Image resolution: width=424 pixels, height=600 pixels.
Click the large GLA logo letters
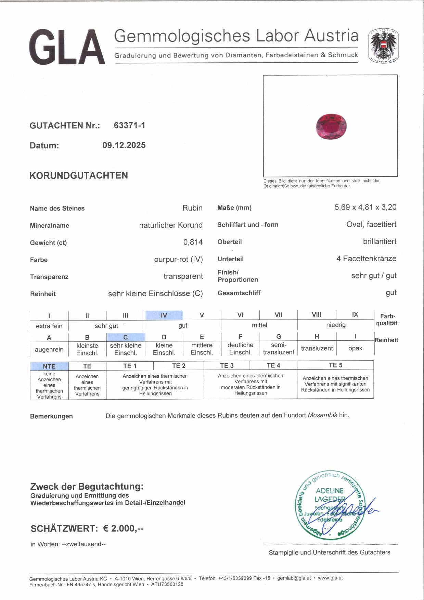pos(67,47)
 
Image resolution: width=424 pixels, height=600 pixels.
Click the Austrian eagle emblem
pos(383,46)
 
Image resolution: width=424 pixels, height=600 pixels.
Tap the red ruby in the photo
pos(331,127)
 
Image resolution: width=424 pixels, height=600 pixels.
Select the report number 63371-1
pos(129,125)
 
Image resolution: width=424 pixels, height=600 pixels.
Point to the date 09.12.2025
pos(124,145)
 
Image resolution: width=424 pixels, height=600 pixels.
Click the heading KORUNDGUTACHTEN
pos(79,176)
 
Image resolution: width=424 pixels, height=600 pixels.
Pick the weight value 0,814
pos(193,242)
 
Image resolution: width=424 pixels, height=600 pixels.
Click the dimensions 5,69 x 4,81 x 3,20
pos(365,207)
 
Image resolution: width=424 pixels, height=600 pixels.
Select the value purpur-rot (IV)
pos(178,259)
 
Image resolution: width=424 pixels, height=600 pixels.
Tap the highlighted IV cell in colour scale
pos(164,315)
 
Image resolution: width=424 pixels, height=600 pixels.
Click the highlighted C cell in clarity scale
pos(126,337)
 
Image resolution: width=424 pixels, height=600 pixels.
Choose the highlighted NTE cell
pos(49,366)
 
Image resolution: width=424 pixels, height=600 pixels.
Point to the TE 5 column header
pos(335,365)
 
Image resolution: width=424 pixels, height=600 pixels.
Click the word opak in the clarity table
pos(355,348)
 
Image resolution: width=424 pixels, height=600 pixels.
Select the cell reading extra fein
pos(49,326)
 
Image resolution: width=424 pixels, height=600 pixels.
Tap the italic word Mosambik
pos(322,415)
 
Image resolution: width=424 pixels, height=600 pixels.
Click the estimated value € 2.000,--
pos(123,528)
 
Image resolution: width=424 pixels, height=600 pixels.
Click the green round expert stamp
pos(330,505)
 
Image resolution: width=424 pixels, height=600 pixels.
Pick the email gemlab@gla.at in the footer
pos(294,578)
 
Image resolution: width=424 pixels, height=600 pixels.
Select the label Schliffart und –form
pos(248,225)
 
